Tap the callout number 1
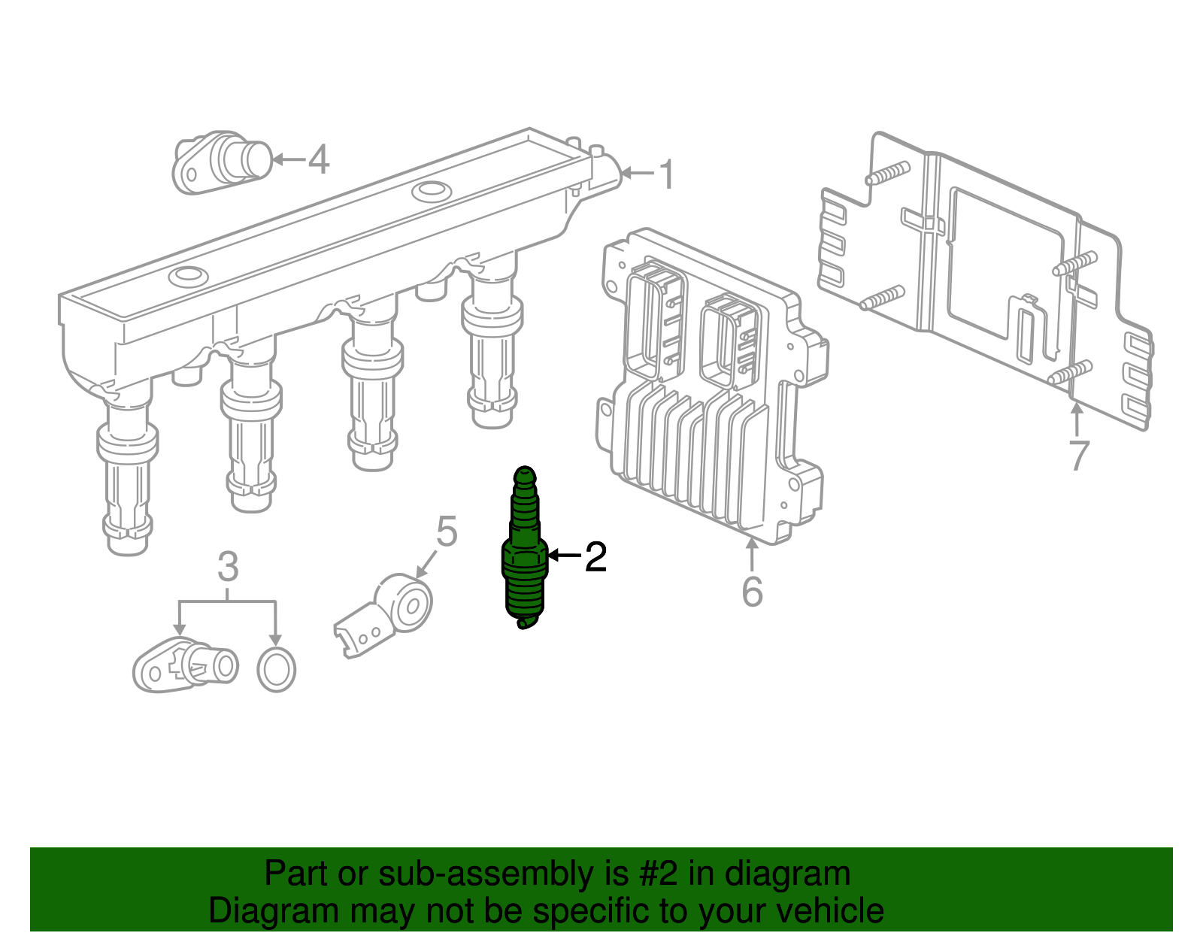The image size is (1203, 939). [x=668, y=174]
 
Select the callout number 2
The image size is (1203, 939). [x=595, y=556]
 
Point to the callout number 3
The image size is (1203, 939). [x=228, y=566]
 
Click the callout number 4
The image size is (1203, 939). [x=318, y=159]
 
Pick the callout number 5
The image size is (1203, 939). [x=447, y=532]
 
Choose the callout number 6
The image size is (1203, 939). [x=753, y=591]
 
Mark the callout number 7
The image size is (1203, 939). [x=1079, y=456]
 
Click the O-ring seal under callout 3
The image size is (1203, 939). [x=276, y=670]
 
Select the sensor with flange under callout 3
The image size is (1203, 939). [x=186, y=664]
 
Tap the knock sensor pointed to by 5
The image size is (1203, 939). [x=383, y=615]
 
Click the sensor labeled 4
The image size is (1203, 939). [x=223, y=162]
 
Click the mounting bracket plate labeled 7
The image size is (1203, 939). [x=986, y=280]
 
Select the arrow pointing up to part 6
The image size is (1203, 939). [x=752, y=553]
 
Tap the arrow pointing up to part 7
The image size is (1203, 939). [x=1077, y=420]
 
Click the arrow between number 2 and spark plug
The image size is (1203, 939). [x=564, y=555]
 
